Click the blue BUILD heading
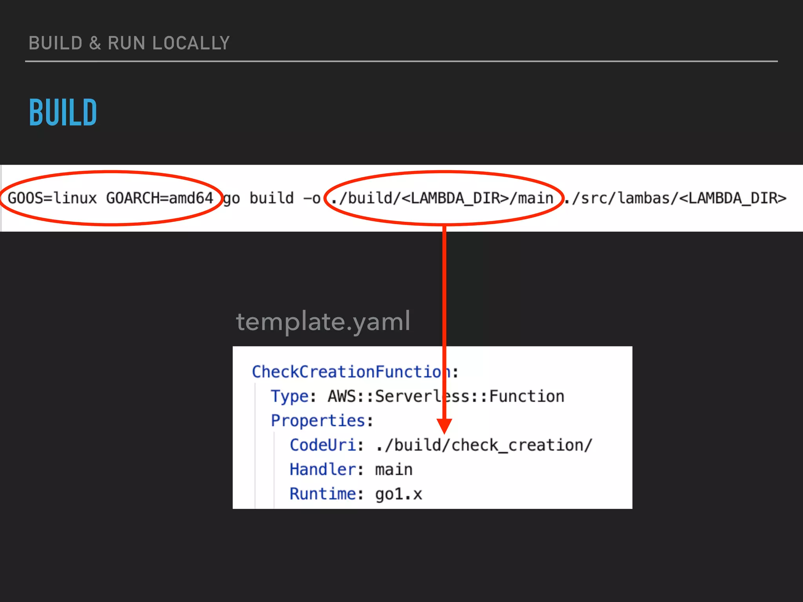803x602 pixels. (63, 112)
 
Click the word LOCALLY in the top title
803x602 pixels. (191, 43)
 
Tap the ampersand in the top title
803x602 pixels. (95, 43)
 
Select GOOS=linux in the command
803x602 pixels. (52, 198)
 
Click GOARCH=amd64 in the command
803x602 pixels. (160, 198)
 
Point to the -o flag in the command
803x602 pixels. (312, 198)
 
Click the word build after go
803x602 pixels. (271, 198)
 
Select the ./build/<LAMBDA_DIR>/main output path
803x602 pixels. (442, 198)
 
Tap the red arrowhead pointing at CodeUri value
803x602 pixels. (444, 425)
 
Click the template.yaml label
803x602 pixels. (323, 322)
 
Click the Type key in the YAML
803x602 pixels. (290, 396)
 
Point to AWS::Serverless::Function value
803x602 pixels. (446, 396)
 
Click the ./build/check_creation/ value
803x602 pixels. (483, 445)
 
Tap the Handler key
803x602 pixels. (323, 470)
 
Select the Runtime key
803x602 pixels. (323, 494)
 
